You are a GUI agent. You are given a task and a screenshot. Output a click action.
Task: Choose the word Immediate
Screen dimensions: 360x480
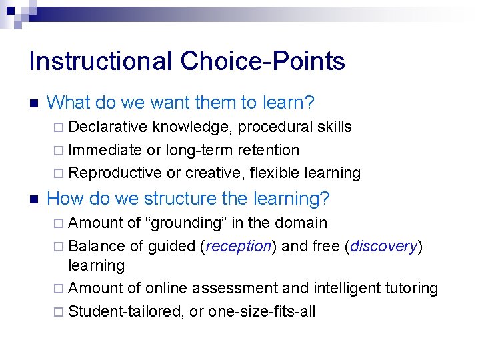coord(105,150)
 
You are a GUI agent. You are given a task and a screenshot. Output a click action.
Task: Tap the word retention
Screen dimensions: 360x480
coord(266,150)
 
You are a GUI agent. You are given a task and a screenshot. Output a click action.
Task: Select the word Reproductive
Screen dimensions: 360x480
coord(115,173)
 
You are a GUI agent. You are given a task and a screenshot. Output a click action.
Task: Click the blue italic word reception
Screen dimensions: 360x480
coord(239,246)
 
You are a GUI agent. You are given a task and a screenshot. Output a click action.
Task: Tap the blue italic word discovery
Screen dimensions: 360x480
coord(383,246)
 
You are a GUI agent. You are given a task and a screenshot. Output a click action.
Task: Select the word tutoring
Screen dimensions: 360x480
coord(411,288)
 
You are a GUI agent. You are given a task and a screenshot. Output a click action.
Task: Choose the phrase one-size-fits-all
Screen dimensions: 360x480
coord(262,311)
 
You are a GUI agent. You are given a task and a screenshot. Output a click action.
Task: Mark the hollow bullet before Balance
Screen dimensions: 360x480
coord(60,246)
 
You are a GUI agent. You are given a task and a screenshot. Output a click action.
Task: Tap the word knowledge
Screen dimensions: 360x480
coord(193,127)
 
